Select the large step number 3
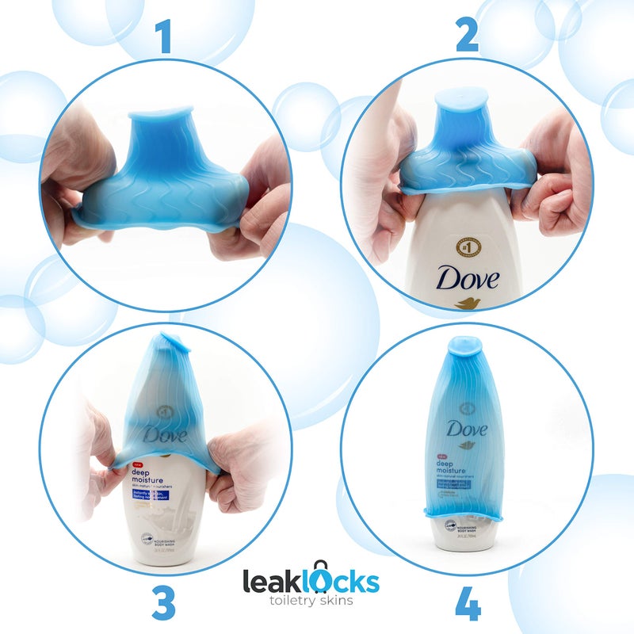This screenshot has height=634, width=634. pyautogui.click(x=162, y=602)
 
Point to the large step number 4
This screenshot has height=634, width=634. pyautogui.click(x=468, y=604)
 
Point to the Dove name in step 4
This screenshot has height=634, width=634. pyautogui.click(x=465, y=429)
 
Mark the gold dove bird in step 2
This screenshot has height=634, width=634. pyautogui.click(x=468, y=303)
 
